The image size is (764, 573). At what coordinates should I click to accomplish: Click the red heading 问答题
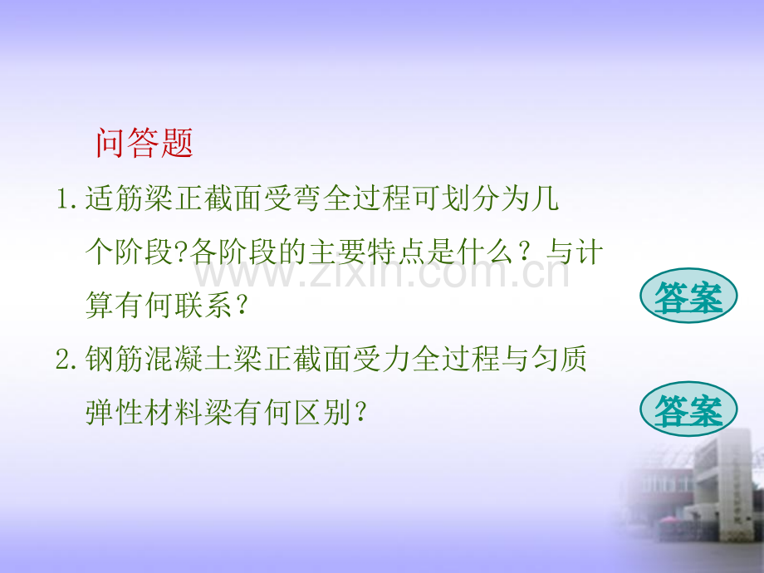[x=144, y=143]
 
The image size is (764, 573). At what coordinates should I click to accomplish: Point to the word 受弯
[x=292, y=198]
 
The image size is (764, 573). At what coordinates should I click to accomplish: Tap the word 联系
[x=203, y=306]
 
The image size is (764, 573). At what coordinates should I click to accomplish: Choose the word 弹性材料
[x=144, y=413]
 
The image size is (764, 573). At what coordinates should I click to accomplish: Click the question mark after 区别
[x=360, y=414]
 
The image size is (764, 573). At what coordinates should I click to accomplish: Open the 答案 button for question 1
[x=688, y=296]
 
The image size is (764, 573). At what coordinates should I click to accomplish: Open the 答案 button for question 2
[x=688, y=409]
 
